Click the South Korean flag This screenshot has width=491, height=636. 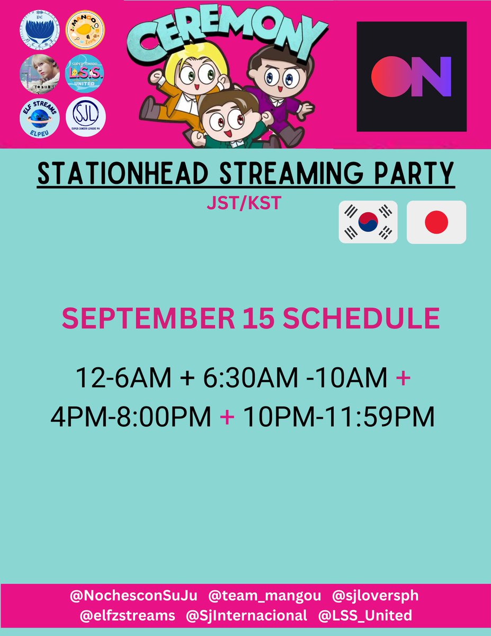[368, 222]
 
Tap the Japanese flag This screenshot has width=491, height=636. [436, 222]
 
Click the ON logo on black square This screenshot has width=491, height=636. [411, 76]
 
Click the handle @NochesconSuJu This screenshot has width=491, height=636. [133, 596]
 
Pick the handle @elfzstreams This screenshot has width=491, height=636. [127, 615]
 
